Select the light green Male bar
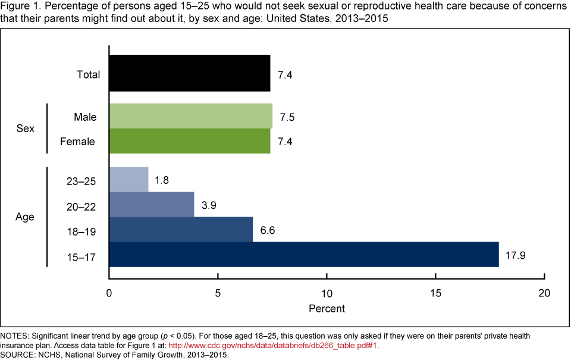click(190, 116)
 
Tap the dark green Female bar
click(189, 142)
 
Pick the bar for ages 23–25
click(128, 179)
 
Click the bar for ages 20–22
click(151, 204)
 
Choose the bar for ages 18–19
click(181, 229)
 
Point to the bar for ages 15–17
click(303, 255)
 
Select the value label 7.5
click(287, 117)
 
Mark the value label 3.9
click(208, 205)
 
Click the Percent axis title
click(327, 309)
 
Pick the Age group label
click(24, 217)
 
